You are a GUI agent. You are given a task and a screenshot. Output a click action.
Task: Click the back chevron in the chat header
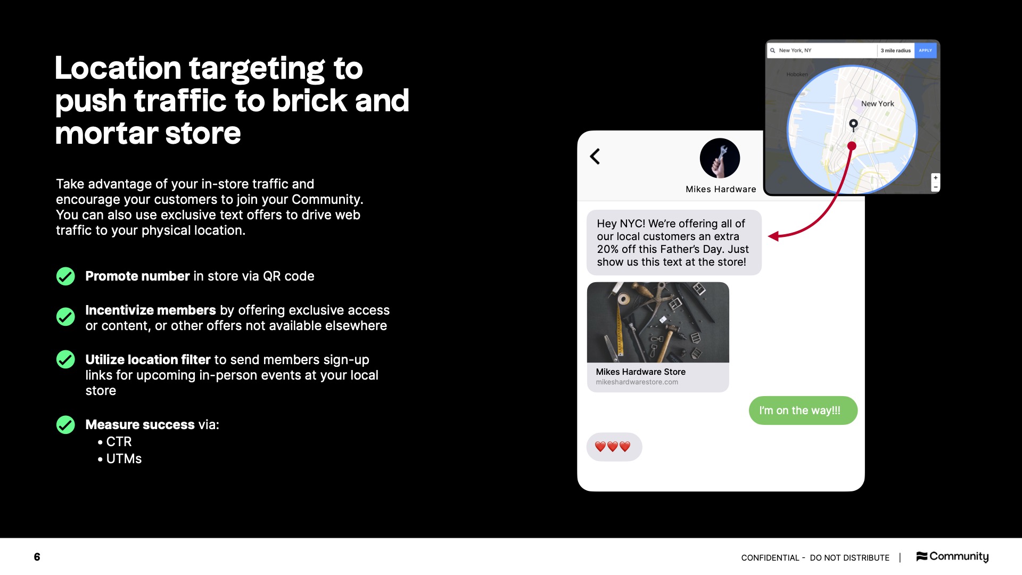pyautogui.click(x=595, y=157)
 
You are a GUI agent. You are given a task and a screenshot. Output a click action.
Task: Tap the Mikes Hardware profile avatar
pyautogui.click(x=720, y=158)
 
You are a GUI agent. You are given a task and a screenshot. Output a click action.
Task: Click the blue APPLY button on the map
pyautogui.click(x=925, y=51)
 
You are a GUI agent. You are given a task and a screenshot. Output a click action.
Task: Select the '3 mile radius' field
pyautogui.click(x=895, y=51)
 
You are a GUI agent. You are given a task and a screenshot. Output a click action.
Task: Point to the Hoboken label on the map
pyautogui.click(x=797, y=75)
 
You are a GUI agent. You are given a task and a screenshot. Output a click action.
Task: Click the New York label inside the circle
pyautogui.click(x=877, y=104)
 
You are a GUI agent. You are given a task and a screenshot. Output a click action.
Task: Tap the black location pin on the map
pyautogui.click(x=853, y=125)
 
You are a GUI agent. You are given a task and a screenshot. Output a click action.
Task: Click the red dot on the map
pyautogui.click(x=852, y=146)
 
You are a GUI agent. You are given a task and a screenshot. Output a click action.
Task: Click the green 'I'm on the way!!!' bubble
pyautogui.click(x=803, y=410)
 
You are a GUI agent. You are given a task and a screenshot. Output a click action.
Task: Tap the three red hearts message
pyautogui.click(x=613, y=447)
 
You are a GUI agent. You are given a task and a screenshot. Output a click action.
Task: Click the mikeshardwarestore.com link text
pyautogui.click(x=637, y=382)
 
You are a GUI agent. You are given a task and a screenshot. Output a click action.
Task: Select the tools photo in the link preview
pyautogui.click(x=658, y=323)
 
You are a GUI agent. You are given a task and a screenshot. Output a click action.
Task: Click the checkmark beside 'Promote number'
pyautogui.click(x=65, y=276)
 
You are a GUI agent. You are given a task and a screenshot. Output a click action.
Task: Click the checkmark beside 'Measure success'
pyautogui.click(x=65, y=425)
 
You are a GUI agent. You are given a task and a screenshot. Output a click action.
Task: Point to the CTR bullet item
pyautogui.click(x=118, y=442)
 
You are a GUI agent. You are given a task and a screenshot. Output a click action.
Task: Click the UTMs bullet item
pyautogui.click(x=123, y=459)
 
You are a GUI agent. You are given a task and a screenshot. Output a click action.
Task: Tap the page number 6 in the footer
pyautogui.click(x=37, y=557)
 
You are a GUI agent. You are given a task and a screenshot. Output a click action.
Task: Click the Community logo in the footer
pyautogui.click(x=952, y=556)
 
